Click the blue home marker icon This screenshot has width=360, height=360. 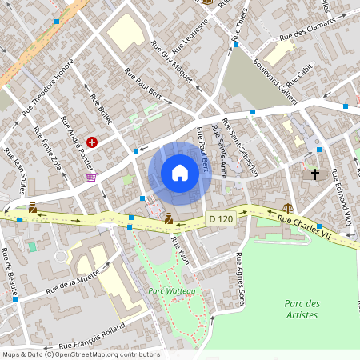[180, 172]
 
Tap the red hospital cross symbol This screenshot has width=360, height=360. [92, 142]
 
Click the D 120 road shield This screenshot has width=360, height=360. [222, 218]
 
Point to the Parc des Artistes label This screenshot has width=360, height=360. [302, 309]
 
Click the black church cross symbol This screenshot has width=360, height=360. [315, 174]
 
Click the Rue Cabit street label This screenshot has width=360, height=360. [304, 74]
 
